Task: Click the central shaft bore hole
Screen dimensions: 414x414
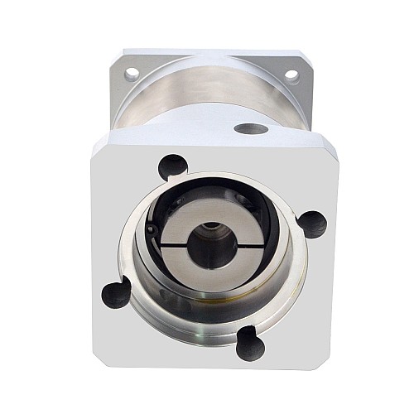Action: tap(204, 246)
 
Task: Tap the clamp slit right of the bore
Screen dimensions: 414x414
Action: tap(231, 246)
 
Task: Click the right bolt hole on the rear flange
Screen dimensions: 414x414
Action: tap(291, 75)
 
